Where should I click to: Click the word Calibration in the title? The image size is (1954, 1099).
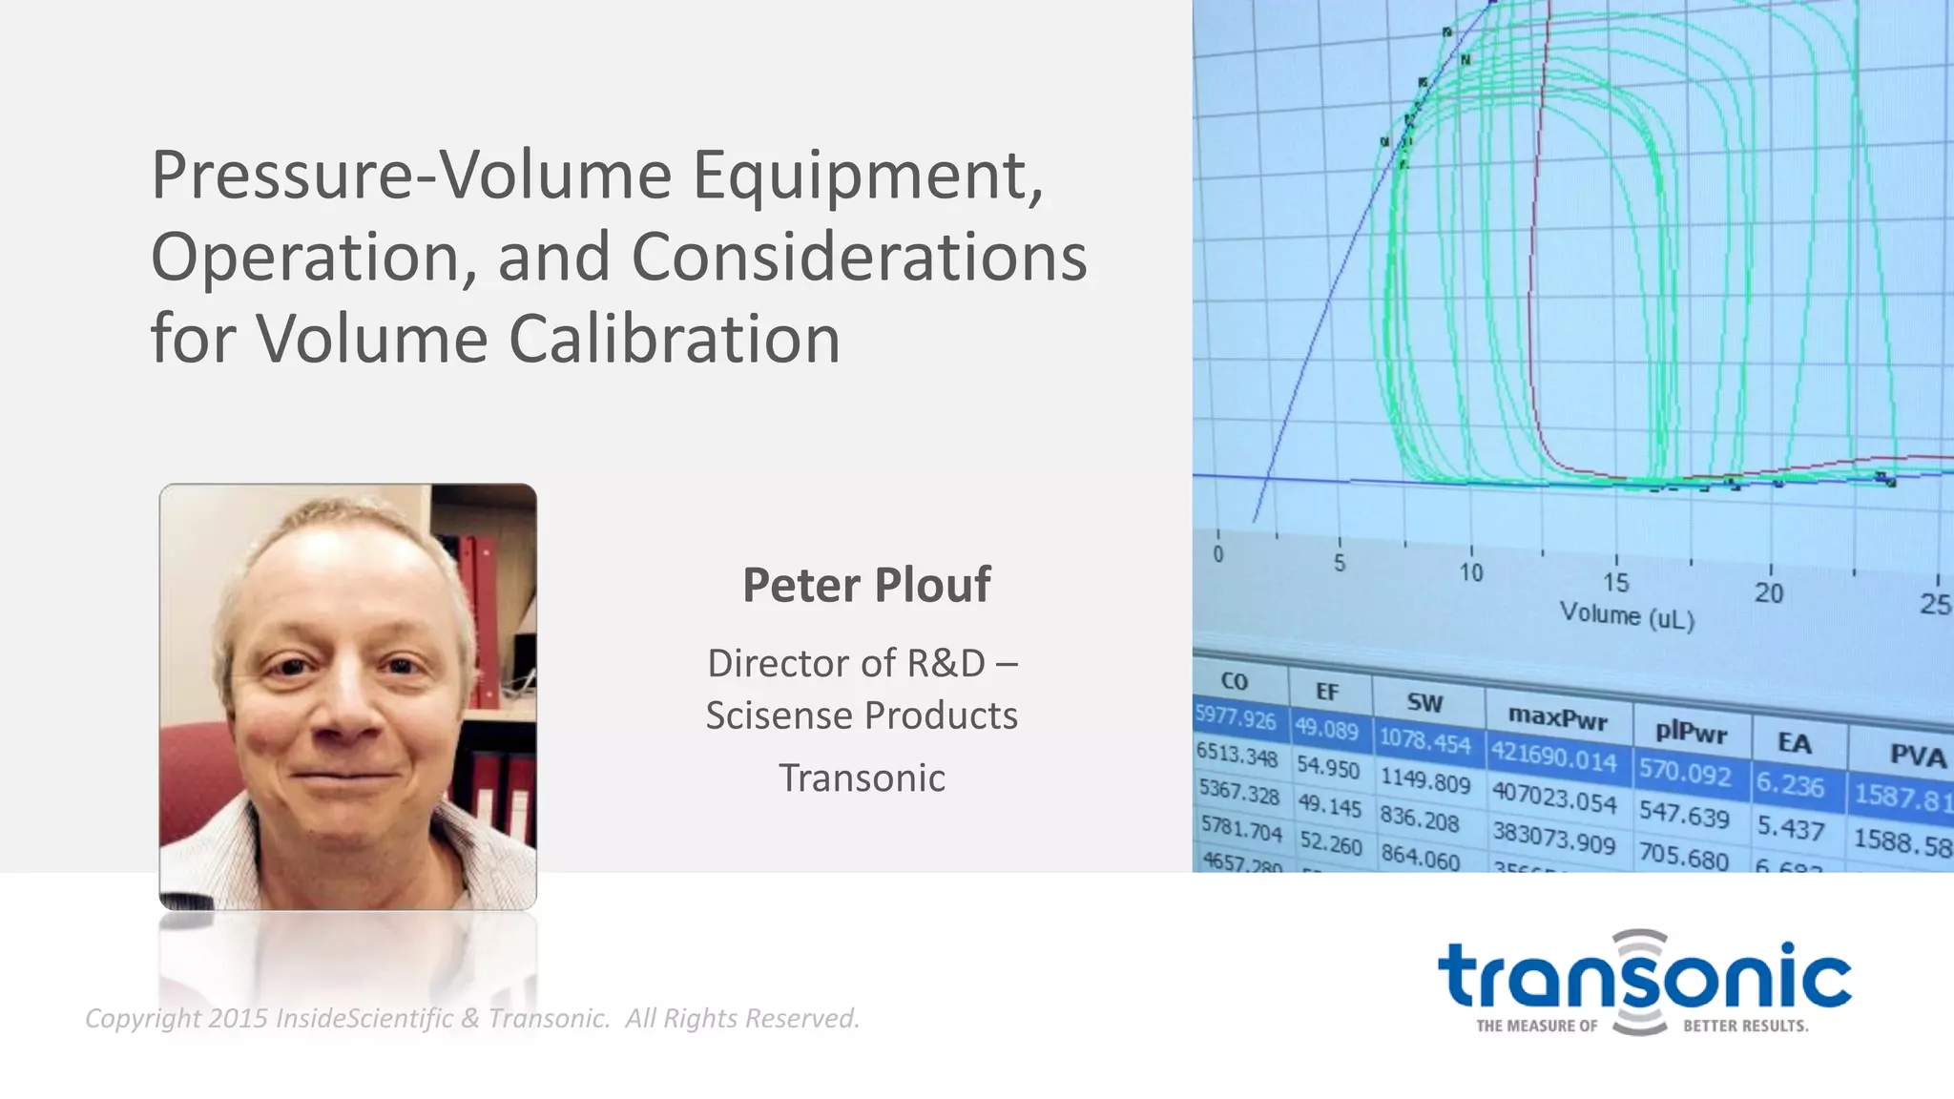coord(674,339)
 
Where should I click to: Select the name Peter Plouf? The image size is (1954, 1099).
coord(866,585)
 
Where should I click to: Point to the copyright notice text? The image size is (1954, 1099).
coord(472,1018)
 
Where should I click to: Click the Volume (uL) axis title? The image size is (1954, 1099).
coord(1627,615)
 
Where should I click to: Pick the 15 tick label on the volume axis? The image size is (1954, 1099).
coord(1615,582)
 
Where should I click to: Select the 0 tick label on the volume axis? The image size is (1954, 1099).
coord(1218,554)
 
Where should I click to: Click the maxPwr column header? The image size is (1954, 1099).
coord(1557,717)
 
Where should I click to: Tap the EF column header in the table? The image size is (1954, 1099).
coord(1327,692)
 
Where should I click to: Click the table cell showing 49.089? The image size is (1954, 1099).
coord(1326,730)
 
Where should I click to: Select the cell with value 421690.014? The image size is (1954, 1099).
coord(1554,757)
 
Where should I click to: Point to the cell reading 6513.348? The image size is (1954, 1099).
coord(1236,755)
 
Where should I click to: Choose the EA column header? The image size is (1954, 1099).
coord(1794,742)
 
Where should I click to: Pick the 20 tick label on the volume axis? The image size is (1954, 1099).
coord(1768,593)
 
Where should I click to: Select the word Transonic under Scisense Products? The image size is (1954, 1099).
coord(862,778)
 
